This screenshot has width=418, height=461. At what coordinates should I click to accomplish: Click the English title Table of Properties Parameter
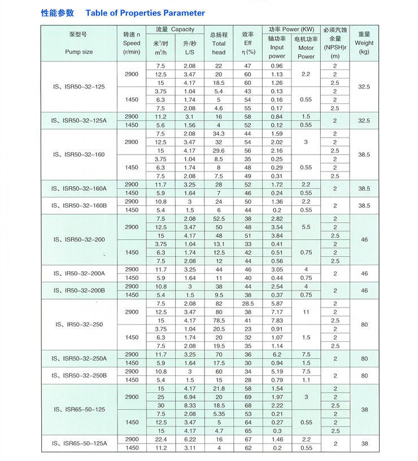[145, 13]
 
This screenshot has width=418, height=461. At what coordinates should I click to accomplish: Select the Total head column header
[219, 43]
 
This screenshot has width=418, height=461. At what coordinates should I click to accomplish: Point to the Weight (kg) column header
[364, 43]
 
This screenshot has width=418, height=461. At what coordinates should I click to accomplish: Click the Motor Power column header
[306, 47]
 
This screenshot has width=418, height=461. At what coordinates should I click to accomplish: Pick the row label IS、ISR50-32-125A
[79, 121]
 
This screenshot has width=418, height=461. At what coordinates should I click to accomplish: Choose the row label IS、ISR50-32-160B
[79, 205]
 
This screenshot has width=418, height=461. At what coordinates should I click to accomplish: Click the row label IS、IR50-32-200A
[79, 273]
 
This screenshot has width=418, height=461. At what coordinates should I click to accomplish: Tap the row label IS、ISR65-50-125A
[79, 444]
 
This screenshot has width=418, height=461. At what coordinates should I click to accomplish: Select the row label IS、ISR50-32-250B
[79, 375]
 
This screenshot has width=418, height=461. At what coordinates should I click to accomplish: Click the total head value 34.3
[219, 134]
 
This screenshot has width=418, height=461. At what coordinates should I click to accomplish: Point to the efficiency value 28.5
[247, 304]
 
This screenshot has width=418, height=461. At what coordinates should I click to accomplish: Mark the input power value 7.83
[277, 320]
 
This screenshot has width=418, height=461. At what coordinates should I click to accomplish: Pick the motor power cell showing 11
[306, 312]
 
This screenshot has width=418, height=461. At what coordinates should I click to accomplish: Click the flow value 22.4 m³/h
[161, 439]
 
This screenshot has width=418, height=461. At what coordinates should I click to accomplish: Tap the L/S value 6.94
[189, 397]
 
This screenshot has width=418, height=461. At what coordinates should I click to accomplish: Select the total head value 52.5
[219, 218]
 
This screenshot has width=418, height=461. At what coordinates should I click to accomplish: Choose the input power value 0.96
[277, 65]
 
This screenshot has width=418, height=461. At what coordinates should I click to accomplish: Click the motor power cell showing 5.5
[306, 227]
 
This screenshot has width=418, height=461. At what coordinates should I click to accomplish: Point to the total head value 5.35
[219, 414]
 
